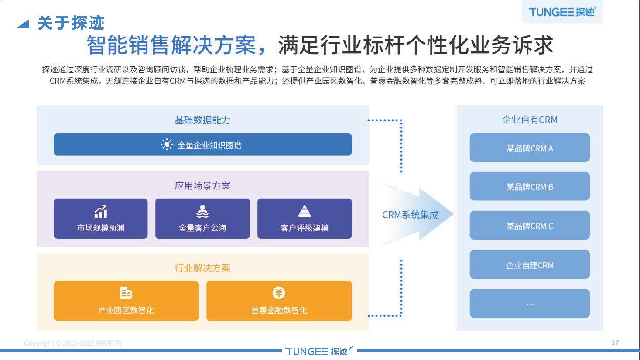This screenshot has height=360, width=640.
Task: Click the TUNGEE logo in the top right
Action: pyautogui.click(x=561, y=12)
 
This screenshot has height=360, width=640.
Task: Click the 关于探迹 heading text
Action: pyautogui.click(x=71, y=23)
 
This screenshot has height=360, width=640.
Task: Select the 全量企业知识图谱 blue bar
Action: pyautogui.click(x=202, y=145)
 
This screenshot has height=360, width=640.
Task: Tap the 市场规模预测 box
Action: pyautogui.click(x=101, y=219)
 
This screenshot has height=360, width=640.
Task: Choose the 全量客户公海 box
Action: pyautogui.click(x=202, y=219)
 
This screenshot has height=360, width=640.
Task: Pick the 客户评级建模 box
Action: pyautogui.click(x=304, y=219)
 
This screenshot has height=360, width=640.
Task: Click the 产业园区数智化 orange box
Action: pyautogui.click(x=126, y=301)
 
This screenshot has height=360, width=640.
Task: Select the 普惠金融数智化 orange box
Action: pyautogui.click(x=279, y=301)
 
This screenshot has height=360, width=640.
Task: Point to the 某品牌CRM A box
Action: pyautogui.click(x=530, y=148)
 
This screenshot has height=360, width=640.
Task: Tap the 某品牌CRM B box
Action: pyautogui.click(x=530, y=187)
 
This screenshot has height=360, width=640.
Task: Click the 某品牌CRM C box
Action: pyautogui.click(x=530, y=226)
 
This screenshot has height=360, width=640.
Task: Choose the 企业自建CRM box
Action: pyautogui.click(x=530, y=265)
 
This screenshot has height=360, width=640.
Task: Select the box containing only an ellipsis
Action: pyautogui.click(x=530, y=304)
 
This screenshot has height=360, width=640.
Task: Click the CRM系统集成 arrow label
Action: pyautogui.click(x=410, y=215)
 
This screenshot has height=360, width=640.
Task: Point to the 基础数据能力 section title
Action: pyautogui.click(x=202, y=120)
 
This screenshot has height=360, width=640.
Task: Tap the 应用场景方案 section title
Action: pyautogui.click(x=202, y=185)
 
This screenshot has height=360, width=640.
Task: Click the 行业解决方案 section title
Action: pyautogui.click(x=202, y=268)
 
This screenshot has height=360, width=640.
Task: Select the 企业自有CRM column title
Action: pyautogui.click(x=530, y=120)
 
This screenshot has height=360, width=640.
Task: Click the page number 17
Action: pyautogui.click(x=615, y=343)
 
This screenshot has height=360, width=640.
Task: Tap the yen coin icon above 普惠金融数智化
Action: pyautogui.click(x=279, y=293)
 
